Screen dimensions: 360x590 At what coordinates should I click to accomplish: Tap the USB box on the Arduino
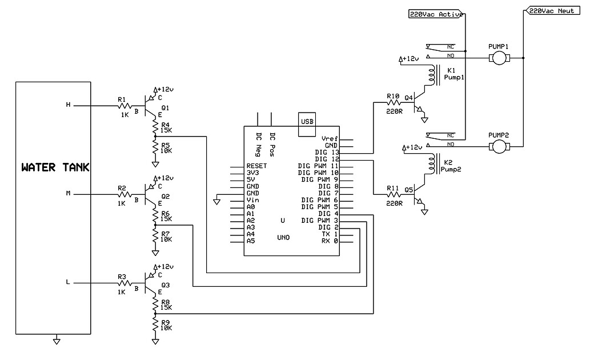pyautogui.click(x=306, y=121)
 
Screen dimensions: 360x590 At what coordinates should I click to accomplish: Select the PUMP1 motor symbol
pyautogui.click(x=499, y=58)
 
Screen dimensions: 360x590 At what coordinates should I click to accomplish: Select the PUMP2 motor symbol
pyautogui.click(x=499, y=146)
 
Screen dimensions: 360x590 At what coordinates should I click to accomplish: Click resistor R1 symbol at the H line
pyautogui.click(x=123, y=106)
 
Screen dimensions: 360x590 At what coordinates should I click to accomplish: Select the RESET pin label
pyautogui.click(x=256, y=166)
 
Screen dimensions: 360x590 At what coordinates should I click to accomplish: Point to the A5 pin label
pyautogui.click(x=250, y=241)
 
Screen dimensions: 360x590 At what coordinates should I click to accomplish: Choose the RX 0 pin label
pyautogui.click(x=329, y=241)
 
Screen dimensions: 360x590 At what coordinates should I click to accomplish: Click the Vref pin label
pyautogui.click(x=330, y=139)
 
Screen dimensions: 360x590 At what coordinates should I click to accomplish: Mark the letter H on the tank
pyautogui.click(x=69, y=105)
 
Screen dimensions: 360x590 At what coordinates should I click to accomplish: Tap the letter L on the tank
pyautogui.click(x=69, y=282)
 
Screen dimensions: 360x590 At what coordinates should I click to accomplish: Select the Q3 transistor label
pyautogui.click(x=166, y=285)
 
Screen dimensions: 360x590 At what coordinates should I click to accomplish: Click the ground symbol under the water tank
pyautogui.click(x=56, y=342)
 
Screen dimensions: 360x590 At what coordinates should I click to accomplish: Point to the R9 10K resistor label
pyautogui.click(x=166, y=325)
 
